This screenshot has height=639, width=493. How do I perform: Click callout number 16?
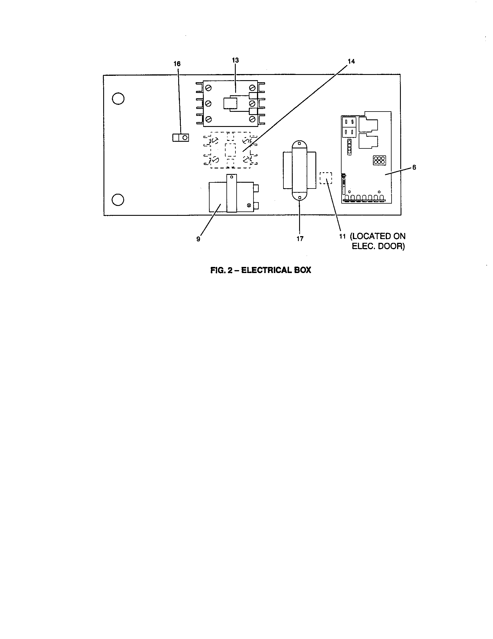pyautogui.click(x=177, y=64)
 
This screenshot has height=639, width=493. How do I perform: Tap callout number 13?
pyautogui.click(x=235, y=60)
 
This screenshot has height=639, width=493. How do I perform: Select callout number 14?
pyautogui.click(x=351, y=61)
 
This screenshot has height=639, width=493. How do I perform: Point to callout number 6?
pyautogui.click(x=414, y=168)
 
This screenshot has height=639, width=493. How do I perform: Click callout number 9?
pyautogui.click(x=198, y=239)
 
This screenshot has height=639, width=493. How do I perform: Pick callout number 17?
pyautogui.click(x=300, y=239)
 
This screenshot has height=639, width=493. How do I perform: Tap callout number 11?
pyautogui.click(x=342, y=236)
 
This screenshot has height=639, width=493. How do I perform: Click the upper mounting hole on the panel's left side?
pyautogui.click(x=118, y=98)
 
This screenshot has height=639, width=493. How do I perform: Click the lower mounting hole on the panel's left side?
pyautogui.click(x=118, y=200)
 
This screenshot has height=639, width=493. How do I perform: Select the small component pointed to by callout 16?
pyautogui.click(x=181, y=137)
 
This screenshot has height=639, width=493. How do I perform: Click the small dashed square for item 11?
pyautogui.click(x=326, y=178)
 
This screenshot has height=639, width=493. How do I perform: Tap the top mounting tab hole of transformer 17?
pyautogui.click(x=299, y=144)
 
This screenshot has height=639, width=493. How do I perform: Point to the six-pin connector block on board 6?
pyautogui.click(x=379, y=160)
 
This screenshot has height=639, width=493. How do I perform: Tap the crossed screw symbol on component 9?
pyautogui.click(x=249, y=205)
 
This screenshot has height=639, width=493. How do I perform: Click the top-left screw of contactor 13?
pyautogui.click(x=209, y=87)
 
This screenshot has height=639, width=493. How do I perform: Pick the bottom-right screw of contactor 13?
pyautogui.click(x=252, y=119)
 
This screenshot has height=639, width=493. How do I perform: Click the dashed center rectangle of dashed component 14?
pyautogui.click(x=230, y=150)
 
